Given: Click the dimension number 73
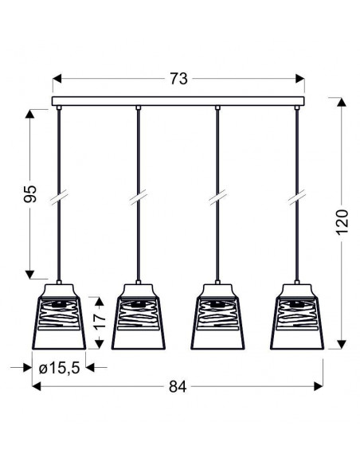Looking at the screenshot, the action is point(178,79).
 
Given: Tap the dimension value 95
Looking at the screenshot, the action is point(30,194).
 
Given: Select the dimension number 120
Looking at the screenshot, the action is point(342,222).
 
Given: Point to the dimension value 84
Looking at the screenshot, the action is point(178,387).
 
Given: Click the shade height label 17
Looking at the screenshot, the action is point(100,321).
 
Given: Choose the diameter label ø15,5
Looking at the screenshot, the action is point(59,368).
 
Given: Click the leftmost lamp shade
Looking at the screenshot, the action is point(59,317).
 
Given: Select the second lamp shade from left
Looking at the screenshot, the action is point(139,317).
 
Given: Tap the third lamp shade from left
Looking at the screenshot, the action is point(217,317).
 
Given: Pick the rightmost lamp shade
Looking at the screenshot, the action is point(297,317).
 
